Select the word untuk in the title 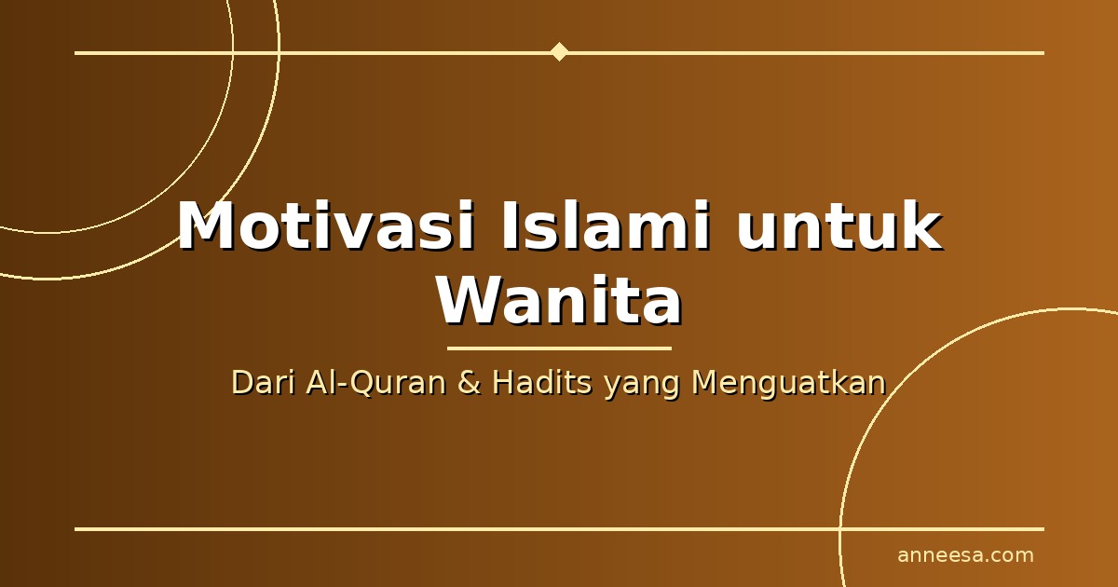[839, 225]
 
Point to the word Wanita [560, 301]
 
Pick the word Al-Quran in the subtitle [376, 384]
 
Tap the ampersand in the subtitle [469, 383]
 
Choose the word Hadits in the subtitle [542, 383]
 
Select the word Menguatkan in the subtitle [789, 384]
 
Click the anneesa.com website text [965, 555]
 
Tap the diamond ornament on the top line [560, 52]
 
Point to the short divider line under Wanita [559, 348]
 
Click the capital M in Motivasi [207, 225]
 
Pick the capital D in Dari [242, 383]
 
